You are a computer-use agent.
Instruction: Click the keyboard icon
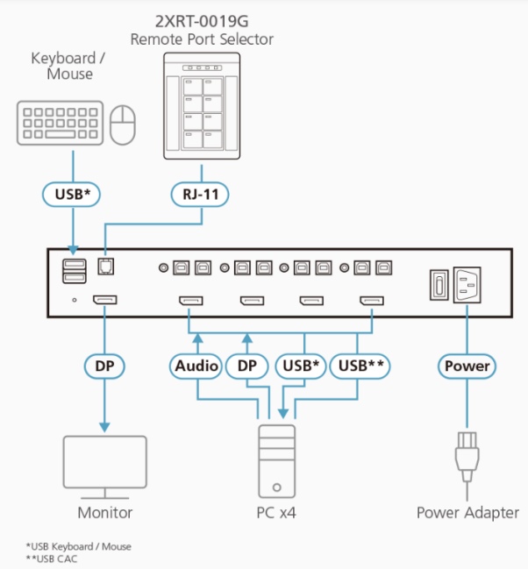click(60, 124)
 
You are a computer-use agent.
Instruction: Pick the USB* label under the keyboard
click(73, 193)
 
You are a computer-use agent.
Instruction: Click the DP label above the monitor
click(104, 365)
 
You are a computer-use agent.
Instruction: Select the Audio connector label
click(196, 365)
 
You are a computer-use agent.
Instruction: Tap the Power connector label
click(467, 365)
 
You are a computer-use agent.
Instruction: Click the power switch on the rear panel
click(435, 285)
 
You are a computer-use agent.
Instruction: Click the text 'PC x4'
click(275, 513)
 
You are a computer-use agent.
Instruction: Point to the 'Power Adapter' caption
click(467, 513)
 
